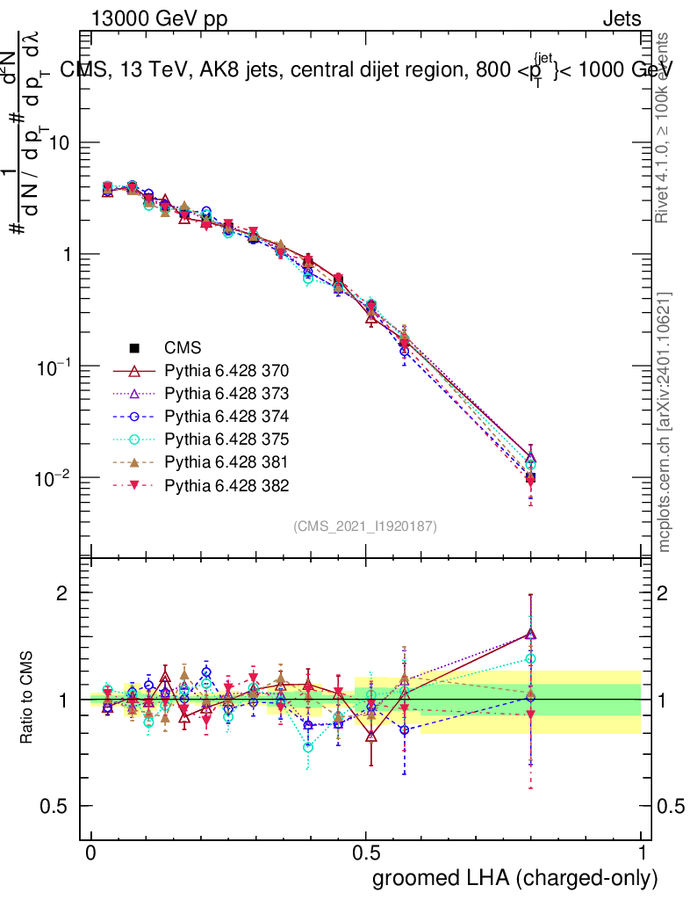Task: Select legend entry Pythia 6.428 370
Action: point(226,371)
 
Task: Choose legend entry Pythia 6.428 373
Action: point(226,394)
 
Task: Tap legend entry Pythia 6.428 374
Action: point(226,417)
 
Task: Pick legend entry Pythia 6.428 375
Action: point(226,439)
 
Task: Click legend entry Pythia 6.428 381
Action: point(226,462)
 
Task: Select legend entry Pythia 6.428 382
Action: point(226,485)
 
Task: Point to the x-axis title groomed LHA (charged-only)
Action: point(515,878)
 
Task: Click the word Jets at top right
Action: point(621,18)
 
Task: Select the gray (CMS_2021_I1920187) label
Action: point(365,526)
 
